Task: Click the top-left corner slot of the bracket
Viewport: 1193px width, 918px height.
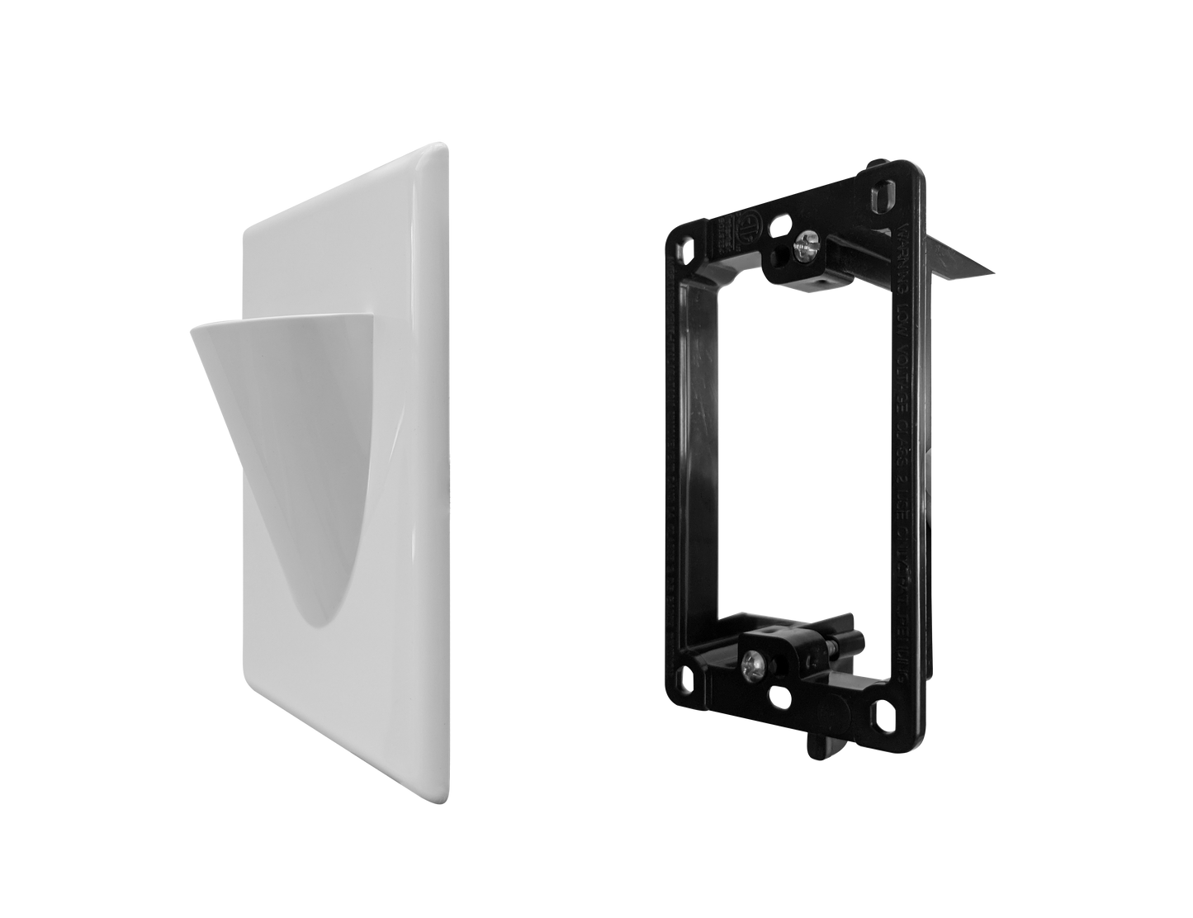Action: point(681,248)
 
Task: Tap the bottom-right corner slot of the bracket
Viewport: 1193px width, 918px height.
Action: point(886,711)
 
